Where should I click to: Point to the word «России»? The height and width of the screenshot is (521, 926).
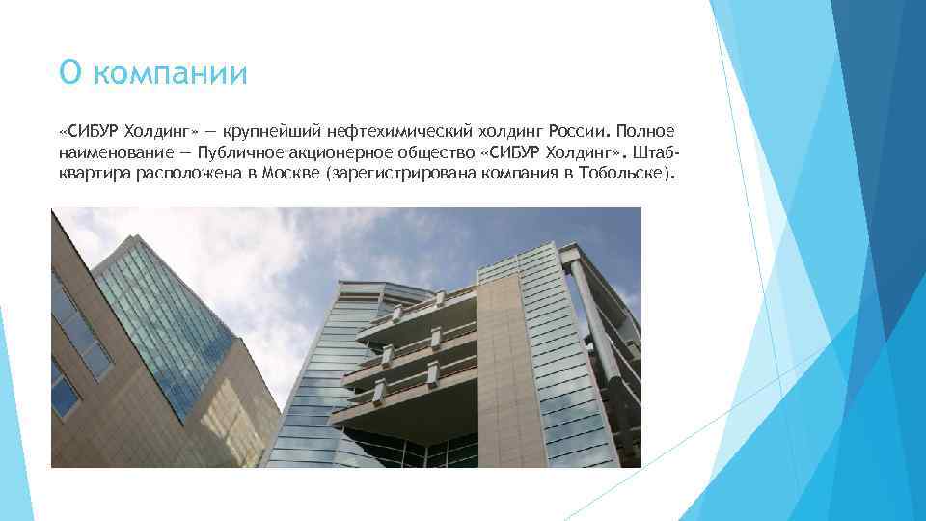tap(577, 131)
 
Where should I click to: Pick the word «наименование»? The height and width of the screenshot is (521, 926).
tap(114, 153)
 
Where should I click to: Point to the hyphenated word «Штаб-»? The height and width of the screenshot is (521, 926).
tap(656, 153)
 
